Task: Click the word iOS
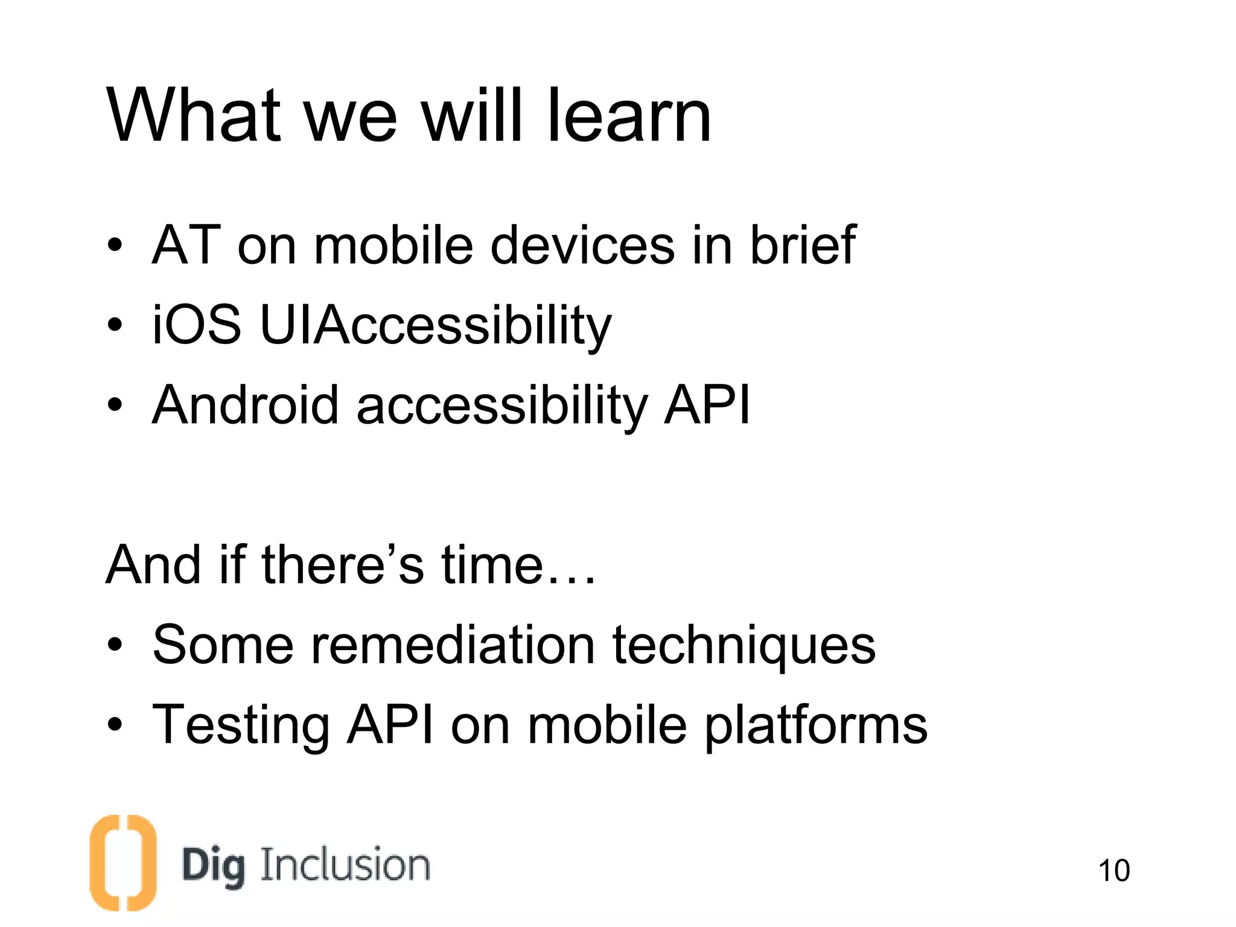[197, 325]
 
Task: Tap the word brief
[802, 244]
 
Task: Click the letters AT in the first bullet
[186, 244]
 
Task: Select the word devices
[582, 244]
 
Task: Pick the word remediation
[453, 645]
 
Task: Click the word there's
[343, 565]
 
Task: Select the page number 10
[1113, 871]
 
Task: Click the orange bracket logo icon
[123, 862]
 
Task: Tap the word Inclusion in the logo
[345, 865]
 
